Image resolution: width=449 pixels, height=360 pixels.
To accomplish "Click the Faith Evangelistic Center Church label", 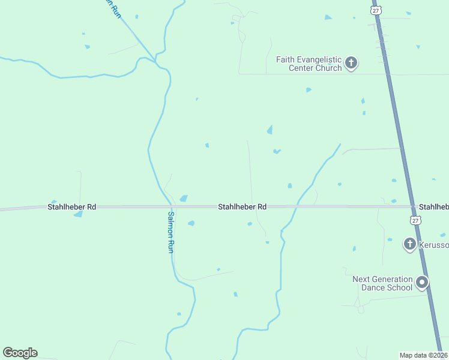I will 309,64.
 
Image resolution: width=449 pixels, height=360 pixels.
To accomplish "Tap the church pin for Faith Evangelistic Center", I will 351,62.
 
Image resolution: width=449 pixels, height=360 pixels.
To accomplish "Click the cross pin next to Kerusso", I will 409,243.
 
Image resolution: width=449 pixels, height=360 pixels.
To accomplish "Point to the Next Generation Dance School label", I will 382,283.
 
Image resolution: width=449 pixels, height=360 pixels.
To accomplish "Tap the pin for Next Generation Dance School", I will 423,282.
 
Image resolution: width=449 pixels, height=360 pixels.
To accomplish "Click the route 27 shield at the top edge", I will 376,10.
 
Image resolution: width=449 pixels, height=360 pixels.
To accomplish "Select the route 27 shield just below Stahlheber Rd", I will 415,220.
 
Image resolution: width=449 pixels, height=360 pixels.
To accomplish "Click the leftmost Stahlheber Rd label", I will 71,207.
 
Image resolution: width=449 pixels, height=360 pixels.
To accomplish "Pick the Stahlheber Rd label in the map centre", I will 242,207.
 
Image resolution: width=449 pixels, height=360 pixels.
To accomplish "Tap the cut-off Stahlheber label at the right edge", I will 433,207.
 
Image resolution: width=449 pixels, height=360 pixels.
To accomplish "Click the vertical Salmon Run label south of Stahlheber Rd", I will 171,232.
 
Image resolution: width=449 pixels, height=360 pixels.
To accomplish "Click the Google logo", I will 20,353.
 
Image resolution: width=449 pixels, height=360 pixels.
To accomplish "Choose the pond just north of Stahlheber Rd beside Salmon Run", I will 184,198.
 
